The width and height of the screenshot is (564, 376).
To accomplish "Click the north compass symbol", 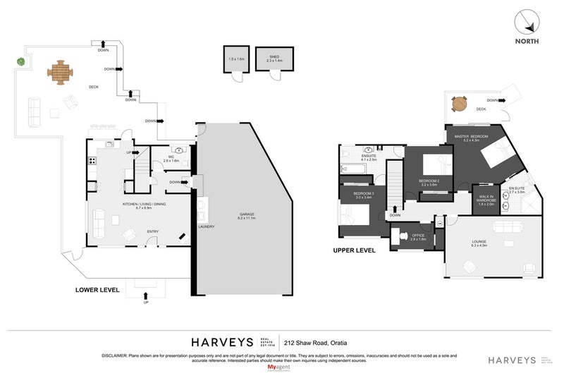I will tap(527, 25).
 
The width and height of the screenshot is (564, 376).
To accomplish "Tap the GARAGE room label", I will tap(245, 214).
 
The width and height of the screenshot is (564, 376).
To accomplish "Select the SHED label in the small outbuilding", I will tap(269, 59).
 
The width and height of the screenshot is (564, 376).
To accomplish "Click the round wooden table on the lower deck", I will tap(60, 71).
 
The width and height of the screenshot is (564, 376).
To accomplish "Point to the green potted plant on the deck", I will tap(21, 62).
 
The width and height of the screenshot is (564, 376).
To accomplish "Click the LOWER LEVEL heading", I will tap(97, 289).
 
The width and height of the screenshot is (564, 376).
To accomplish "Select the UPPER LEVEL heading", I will tap(354, 250).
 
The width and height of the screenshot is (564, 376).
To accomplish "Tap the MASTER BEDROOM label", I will tap(472, 138).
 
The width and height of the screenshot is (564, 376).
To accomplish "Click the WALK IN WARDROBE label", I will tap(487, 200).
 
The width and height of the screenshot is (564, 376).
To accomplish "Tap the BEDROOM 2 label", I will tap(429, 181).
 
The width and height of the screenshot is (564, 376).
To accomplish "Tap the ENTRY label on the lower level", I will tap(152, 231).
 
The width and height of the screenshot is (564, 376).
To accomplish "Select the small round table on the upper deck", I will tap(460, 104).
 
